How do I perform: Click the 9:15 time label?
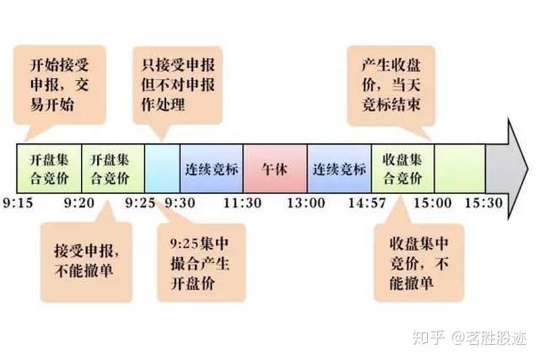tap(18, 203)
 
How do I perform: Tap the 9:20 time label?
tap(79, 203)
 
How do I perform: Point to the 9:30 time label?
tap(180, 203)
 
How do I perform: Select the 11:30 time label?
tap(242, 203)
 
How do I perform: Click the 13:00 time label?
tap(306, 203)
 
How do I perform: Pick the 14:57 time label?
tap(367, 203)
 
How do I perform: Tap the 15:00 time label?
tap(432, 203)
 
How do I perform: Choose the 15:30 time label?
tap(484, 203)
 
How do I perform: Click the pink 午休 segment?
tap(275, 169)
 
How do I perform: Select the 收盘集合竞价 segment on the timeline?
tap(403, 169)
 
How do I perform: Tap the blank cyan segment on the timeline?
tap(162, 169)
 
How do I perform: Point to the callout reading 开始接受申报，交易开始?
tap(60, 84)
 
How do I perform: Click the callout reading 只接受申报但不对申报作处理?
tap(178, 85)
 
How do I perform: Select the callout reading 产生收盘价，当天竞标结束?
tap(391, 85)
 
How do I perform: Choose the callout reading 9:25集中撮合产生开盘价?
tap(201, 263)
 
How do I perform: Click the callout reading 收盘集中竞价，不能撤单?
tap(419, 263)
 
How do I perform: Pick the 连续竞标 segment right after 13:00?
tap(340, 169)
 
